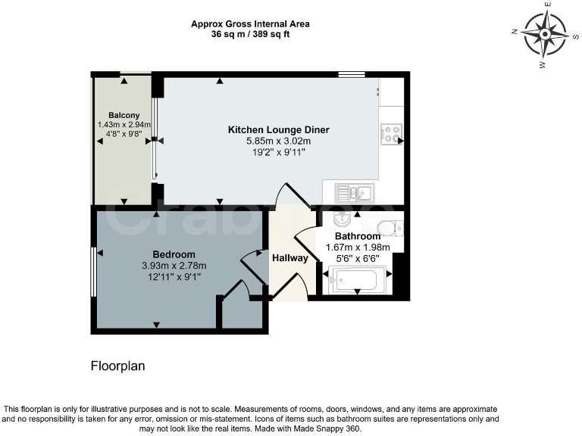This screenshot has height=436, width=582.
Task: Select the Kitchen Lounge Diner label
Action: pyautogui.click(x=279, y=130)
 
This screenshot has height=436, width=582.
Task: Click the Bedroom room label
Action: pyautogui.click(x=174, y=254)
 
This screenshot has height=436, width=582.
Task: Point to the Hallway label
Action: pyautogui.click(x=290, y=258)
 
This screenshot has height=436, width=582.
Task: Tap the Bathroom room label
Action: pyautogui.click(x=358, y=236)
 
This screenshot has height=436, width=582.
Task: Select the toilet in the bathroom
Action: pyautogui.click(x=389, y=226)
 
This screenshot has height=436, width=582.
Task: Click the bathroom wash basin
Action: pyautogui.click(x=340, y=220)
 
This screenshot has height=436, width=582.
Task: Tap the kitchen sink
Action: pyautogui.click(x=354, y=192)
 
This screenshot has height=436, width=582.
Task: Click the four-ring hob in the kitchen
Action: pyautogui.click(x=391, y=134)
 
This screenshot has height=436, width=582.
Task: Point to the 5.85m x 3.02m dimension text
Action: pyautogui.click(x=279, y=141)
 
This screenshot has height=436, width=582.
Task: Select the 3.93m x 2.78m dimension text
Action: pyautogui.click(x=174, y=265)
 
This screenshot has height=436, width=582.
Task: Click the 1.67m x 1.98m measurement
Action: pyautogui.click(x=358, y=247)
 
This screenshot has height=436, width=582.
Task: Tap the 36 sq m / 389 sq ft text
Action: pyautogui.click(x=250, y=34)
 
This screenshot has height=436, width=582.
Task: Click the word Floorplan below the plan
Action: pyautogui.click(x=117, y=366)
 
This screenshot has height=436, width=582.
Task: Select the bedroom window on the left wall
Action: pyautogui.click(x=93, y=272)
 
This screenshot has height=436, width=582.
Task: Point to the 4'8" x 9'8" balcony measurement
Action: pyautogui.click(x=124, y=135)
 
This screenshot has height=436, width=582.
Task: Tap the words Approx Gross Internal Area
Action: pyautogui.click(x=250, y=24)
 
